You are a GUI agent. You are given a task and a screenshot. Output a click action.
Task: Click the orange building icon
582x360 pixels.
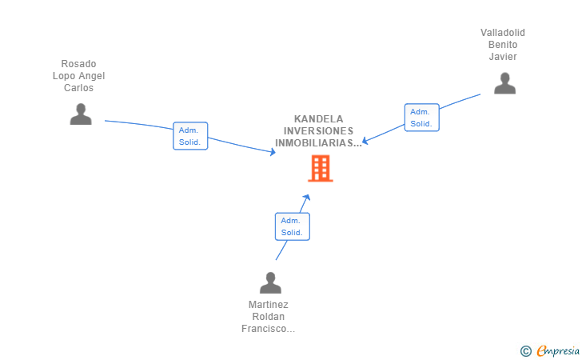click(320, 168)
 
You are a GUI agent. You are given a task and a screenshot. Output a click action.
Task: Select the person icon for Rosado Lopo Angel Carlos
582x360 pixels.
click(81, 114)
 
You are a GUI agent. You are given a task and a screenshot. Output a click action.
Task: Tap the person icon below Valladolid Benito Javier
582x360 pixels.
click(504, 83)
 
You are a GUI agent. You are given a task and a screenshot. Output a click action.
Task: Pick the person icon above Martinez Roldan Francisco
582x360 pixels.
click(271, 283)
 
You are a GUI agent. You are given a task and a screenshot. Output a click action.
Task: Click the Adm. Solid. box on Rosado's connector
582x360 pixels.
click(190, 136)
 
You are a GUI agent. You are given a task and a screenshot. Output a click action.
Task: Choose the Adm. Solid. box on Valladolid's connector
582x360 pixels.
click(421, 118)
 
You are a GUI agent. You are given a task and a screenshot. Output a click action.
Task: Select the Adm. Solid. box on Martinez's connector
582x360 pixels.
click(292, 226)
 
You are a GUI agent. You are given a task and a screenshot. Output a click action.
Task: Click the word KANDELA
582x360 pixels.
click(318, 118)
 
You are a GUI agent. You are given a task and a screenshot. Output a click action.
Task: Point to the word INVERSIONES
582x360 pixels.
click(318, 131)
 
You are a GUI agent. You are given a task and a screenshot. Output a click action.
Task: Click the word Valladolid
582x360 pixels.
click(503, 33)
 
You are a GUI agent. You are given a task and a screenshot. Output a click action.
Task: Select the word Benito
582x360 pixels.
click(503, 45)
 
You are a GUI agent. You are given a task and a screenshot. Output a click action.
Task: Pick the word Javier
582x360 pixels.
click(504, 57)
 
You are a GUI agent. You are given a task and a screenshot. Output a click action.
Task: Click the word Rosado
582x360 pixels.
click(78, 64)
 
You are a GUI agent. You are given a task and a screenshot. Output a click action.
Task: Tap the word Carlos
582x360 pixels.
click(78, 88)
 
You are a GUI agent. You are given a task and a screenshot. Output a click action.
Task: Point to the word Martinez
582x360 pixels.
click(269, 305)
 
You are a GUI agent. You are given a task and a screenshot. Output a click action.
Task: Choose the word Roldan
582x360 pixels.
click(269, 317)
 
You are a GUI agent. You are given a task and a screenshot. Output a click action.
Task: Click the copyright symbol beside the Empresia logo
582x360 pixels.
click(525, 350)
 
